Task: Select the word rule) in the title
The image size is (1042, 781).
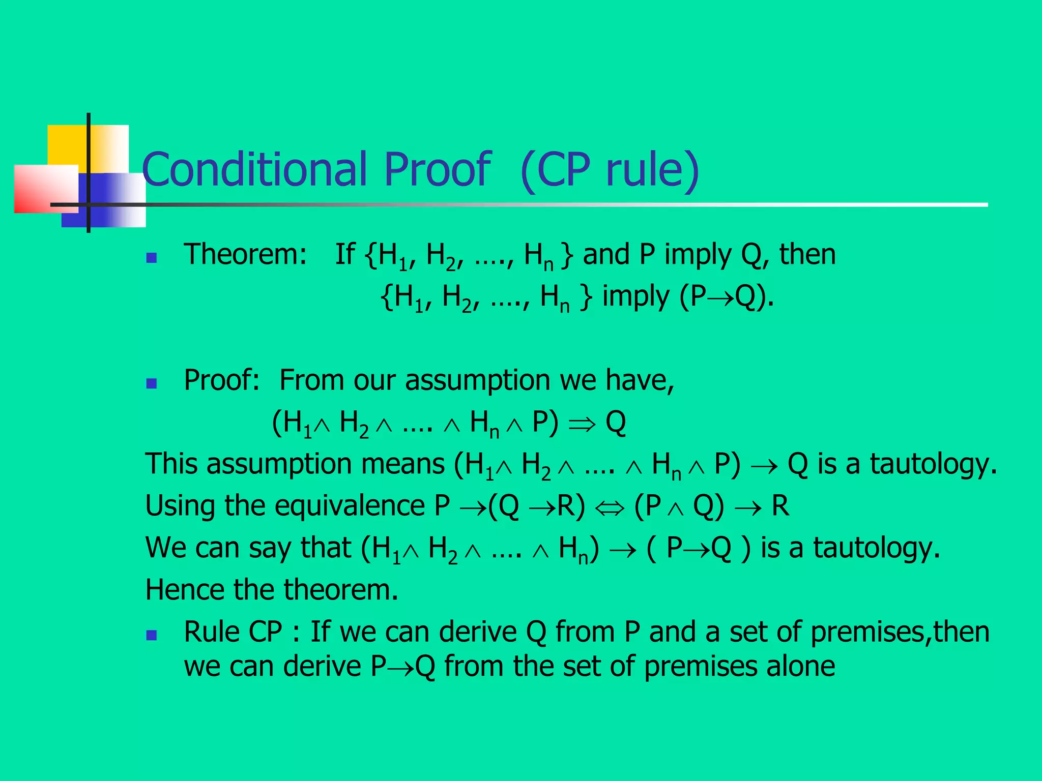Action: [652, 169]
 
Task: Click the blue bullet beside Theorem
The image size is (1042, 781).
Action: [151, 258]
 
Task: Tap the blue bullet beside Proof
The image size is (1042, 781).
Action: [151, 383]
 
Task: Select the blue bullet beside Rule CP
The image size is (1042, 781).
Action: [151, 635]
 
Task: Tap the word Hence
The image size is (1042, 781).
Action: [184, 590]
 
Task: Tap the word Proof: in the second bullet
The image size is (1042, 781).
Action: [222, 380]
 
